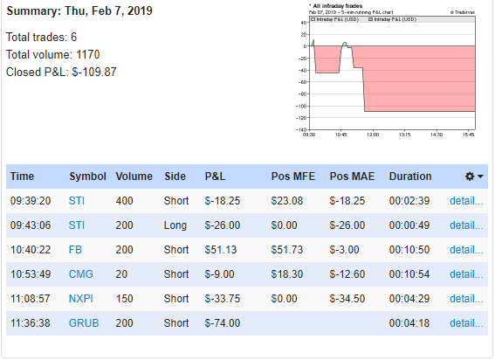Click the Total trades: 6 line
(x=41, y=38)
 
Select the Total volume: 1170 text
(x=53, y=54)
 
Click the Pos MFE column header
(x=293, y=176)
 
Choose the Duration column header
(x=409, y=176)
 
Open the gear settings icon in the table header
(x=470, y=176)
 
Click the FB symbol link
(x=76, y=249)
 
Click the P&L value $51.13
(x=221, y=249)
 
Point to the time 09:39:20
(x=32, y=200)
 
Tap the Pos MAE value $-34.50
(x=351, y=298)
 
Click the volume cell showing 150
(x=127, y=298)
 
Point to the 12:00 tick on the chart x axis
(x=373, y=135)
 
